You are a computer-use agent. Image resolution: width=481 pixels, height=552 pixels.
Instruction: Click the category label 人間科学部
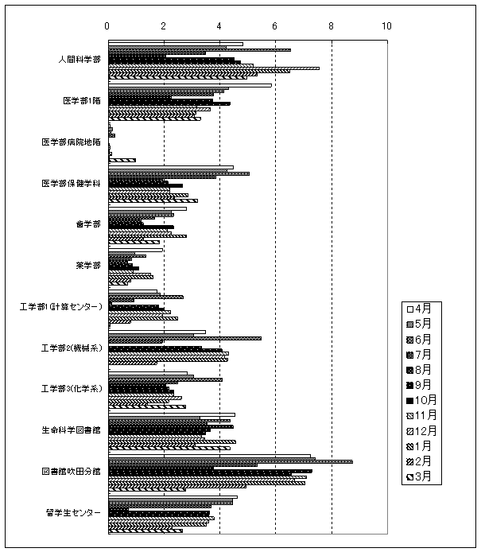coord(79,60)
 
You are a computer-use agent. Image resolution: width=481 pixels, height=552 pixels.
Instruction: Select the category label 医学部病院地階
coord(72,142)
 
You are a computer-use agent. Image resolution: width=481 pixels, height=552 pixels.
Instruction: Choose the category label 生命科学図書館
coord(72,430)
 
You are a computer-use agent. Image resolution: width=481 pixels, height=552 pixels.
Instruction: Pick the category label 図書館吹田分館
coord(72,471)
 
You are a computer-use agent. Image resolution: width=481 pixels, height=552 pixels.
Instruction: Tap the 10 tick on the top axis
coord(387,26)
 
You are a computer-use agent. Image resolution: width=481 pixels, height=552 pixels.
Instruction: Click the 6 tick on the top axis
coord(275,26)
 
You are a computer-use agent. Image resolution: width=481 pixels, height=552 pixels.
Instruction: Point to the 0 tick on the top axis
coord(107,26)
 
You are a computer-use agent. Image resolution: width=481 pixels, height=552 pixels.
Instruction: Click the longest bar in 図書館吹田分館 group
coord(230,461)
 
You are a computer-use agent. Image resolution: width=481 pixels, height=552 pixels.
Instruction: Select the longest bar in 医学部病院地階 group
coord(122,160)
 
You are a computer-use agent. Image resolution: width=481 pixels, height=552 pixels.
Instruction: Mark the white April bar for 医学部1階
coord(189,85)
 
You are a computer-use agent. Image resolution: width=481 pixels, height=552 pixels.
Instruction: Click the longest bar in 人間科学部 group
coord(213,68)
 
